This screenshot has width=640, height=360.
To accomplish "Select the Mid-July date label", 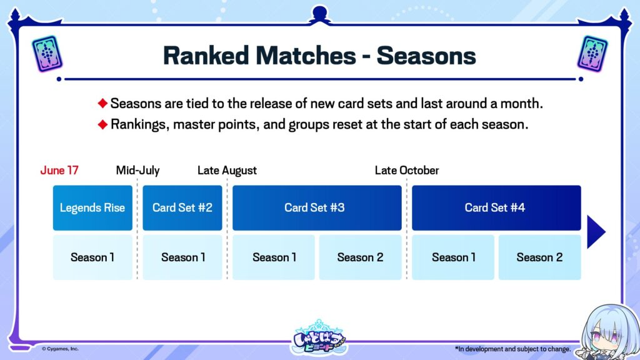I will pyautogui.click(x=138, y=171).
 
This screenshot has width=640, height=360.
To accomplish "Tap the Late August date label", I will pyautogui.click(x=227, y=171).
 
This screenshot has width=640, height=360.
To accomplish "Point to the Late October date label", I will pyautogui.click(x=407, y=171).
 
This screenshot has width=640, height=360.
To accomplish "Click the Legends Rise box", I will pyautogui.click(x=92, y=207).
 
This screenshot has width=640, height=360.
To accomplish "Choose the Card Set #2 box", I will pyautogui.click(x=182, y=207).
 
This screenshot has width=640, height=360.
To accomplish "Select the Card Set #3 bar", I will pyautogui.click(x=317, y=207).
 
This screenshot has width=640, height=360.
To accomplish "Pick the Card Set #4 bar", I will pyautogui.click(x=496, y=207).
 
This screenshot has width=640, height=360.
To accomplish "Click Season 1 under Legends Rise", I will pyautogui.click(x=92, y=257).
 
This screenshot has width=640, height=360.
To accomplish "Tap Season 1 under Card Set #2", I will pyautogui.click(x=182, y=257).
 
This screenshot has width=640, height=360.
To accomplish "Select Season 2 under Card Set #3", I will pyautogui.click(x=361, y=257).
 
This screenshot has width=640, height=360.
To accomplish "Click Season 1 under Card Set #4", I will pyautogui.click(x=453, y=257).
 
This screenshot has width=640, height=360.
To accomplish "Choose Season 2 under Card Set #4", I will pyautogui.click(x=539, y=257).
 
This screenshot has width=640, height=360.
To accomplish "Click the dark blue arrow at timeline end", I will pyautogui.click(x=596, y=232).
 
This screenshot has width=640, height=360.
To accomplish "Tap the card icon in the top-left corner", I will pyautogui.click(x=47, y=53).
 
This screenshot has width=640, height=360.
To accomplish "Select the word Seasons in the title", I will pyautogui.click(x=426, y=56).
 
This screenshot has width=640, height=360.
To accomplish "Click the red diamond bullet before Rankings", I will pyautogui.click(x=103, y=124).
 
